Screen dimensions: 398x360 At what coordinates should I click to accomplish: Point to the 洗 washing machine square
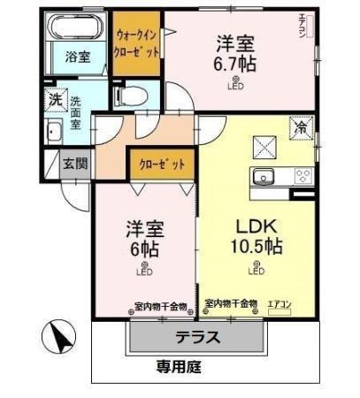coord(56,100)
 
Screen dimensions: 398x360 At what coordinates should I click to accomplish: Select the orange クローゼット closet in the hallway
coord(162,165)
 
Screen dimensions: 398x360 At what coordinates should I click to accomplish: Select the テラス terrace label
coord(195,337)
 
